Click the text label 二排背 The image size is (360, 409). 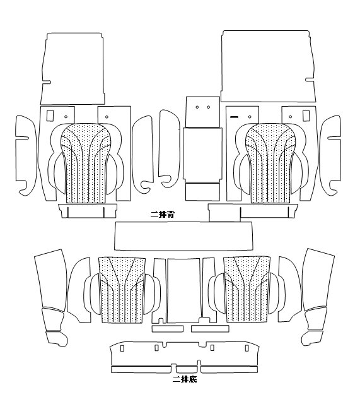coord(163,215)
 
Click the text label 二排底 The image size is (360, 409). coord(185,379)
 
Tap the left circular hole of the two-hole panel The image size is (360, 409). coord(197,107)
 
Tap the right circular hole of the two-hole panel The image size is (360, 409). coord(209,107)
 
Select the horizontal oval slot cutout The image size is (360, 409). coord(234,117)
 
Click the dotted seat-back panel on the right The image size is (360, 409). coord(271,163)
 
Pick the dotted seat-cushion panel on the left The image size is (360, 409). coord(122,290)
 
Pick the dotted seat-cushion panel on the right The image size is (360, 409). coord(247,290)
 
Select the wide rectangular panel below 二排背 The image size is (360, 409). coord(183,236)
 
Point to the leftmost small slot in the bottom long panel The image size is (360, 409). coord(122,348)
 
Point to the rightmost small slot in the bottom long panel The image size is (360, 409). coord(247,348)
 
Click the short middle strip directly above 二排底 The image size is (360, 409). coord(186,369)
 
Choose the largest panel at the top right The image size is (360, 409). coord(269,66)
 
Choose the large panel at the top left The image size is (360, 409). coord(73,69)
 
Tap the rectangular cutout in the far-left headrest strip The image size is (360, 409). coord(50,116)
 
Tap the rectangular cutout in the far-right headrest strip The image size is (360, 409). coord(306,116)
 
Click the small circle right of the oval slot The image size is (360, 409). coord(250,117)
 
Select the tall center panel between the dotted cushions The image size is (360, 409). coord(183,291)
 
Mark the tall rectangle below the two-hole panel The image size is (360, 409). coord(202,155)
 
